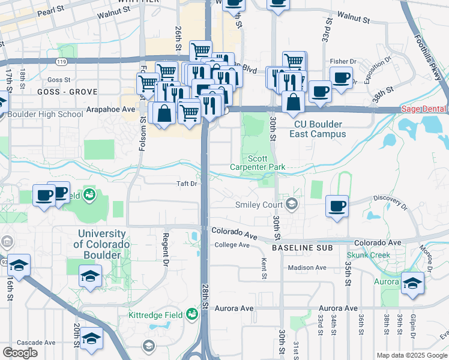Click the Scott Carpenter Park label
click(258, 161)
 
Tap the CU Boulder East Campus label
click(318, 130)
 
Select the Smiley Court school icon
click(292, 204)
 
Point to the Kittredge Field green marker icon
click(192, 313)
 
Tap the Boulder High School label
click(44, 115)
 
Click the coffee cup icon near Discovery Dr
click(337, 206)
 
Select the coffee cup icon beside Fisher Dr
click(341, 77)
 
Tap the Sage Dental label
click(424, 109)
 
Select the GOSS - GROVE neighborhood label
click(59, 92)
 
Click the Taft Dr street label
click(186, 184)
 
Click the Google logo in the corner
click(20, 353)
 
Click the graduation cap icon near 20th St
click(91, 339)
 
